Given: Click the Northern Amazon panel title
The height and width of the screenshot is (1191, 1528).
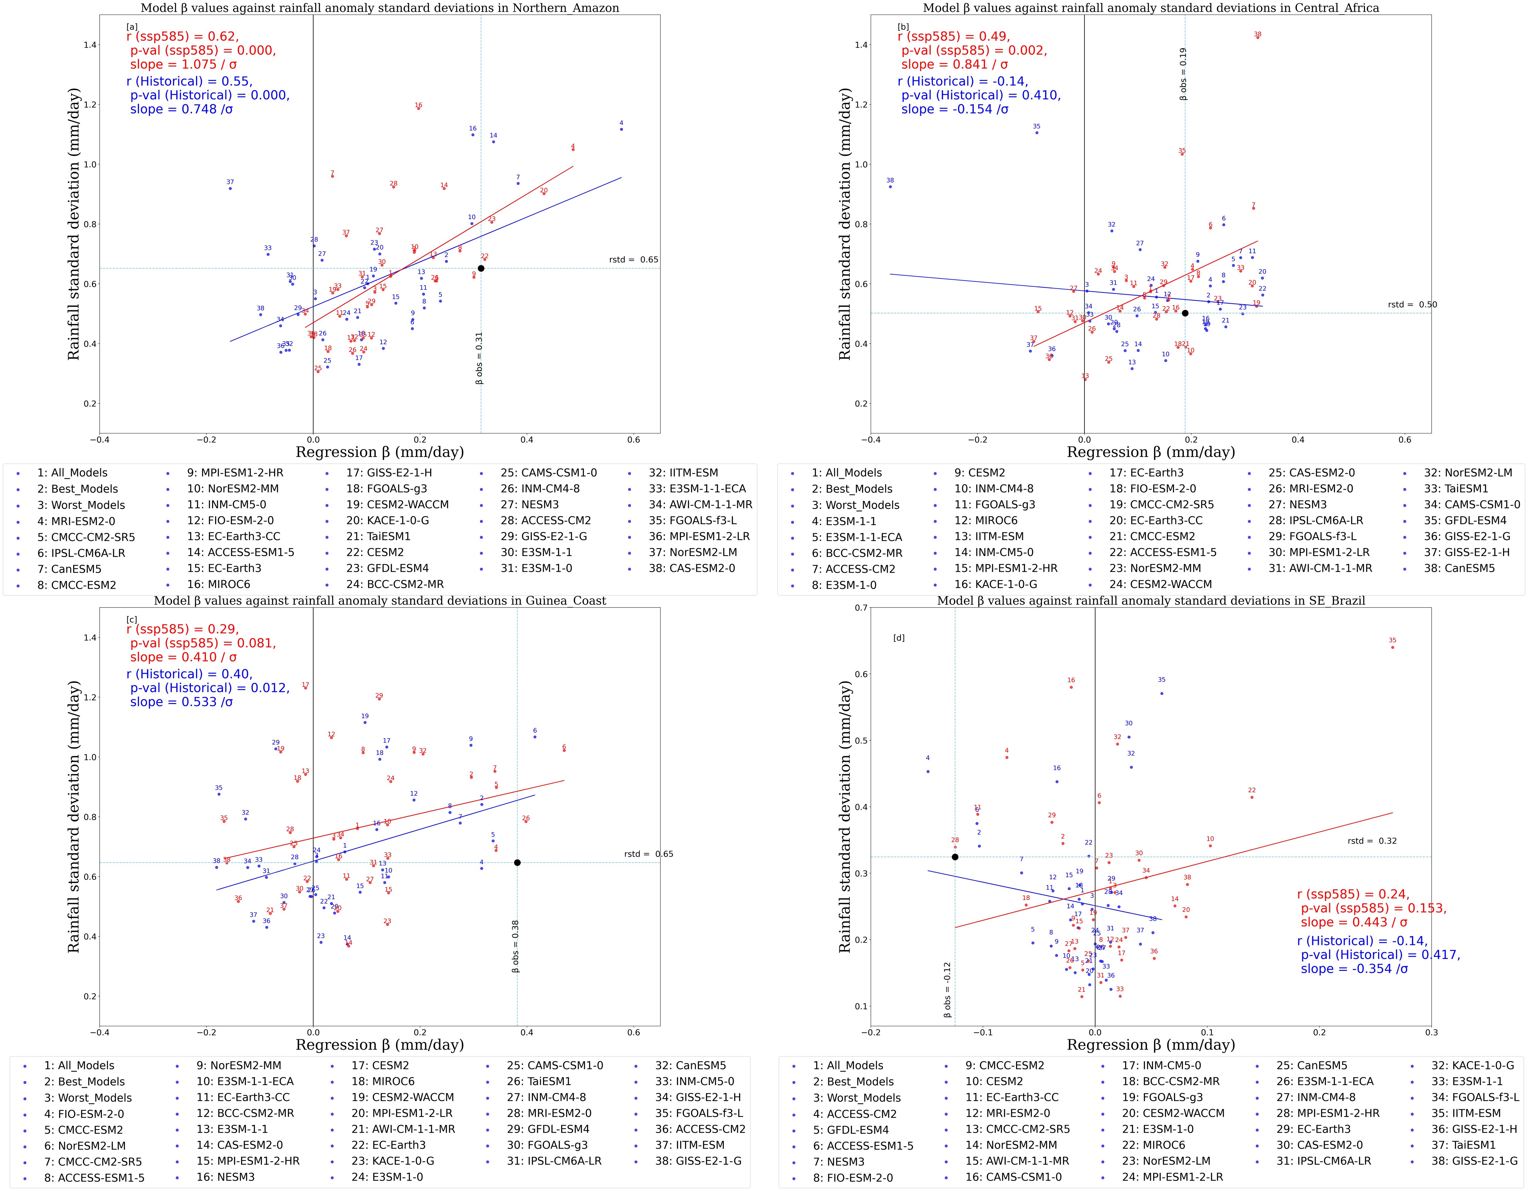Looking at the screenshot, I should (x=380, y=8).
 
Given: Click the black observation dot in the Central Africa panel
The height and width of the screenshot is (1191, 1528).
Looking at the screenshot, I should (x=1184, y=313).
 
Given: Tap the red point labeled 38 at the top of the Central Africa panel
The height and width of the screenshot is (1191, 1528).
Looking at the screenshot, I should (x=1257, y=37).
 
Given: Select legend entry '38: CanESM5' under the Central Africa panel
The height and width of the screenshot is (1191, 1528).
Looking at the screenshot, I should (x=1459, y=568).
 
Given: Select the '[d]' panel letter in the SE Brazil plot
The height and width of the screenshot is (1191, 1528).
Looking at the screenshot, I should (x=899, y=638).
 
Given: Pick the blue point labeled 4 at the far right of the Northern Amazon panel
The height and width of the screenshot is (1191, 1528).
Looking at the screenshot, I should (x=621, y=129).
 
